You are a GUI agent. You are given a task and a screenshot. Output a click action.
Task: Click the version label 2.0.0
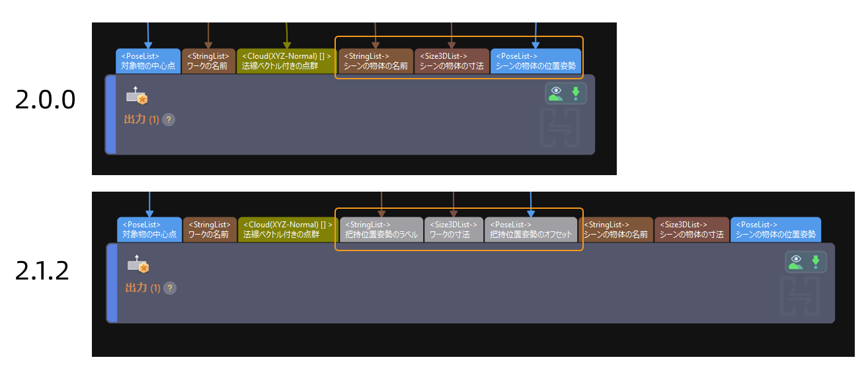(x=45, y=100)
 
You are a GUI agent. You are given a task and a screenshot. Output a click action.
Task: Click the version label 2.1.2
(x=42, y=270)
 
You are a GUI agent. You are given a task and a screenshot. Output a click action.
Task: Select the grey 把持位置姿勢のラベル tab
(x=381, y=229)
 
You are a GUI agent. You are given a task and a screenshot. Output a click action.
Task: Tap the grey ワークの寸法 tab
(x=454, y=229)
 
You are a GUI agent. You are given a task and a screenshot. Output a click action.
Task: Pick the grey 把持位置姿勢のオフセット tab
(x=530, y=229)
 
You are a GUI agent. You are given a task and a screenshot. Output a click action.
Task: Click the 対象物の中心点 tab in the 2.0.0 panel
(x=148, y=61)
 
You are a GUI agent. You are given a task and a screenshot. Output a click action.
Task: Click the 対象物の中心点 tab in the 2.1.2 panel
(x=149, y=229)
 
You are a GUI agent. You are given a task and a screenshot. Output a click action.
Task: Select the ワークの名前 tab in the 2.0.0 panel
(x=208, y=61)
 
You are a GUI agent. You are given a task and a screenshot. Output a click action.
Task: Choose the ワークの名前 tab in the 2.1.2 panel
(x=210, y=229)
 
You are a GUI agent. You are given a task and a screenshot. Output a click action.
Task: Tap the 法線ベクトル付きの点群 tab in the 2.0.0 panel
(x=286, y=61)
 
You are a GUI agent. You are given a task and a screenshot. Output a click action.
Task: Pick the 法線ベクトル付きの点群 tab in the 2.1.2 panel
(x=288, y=229)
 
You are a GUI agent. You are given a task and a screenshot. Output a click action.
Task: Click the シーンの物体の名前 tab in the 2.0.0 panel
(x=375, y=61)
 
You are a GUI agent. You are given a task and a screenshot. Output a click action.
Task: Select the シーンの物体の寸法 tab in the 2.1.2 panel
(x=691, y=229)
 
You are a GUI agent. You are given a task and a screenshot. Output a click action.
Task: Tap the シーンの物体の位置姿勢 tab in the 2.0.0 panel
(x=535, y=61)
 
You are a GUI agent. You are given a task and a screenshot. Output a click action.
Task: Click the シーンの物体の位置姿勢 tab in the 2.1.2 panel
(x=775, y=229)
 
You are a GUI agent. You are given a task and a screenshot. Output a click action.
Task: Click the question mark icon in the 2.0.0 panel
(x=169, y=120)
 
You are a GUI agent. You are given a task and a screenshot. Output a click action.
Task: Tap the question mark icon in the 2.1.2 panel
(x=170, y=288)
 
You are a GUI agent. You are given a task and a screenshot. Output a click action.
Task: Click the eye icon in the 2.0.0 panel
(x=556, y=94)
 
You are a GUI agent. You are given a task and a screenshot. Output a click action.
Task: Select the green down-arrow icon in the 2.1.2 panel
(x=816, y=262)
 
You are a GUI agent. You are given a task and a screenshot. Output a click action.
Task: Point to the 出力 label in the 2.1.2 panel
(x=136, y=288)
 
